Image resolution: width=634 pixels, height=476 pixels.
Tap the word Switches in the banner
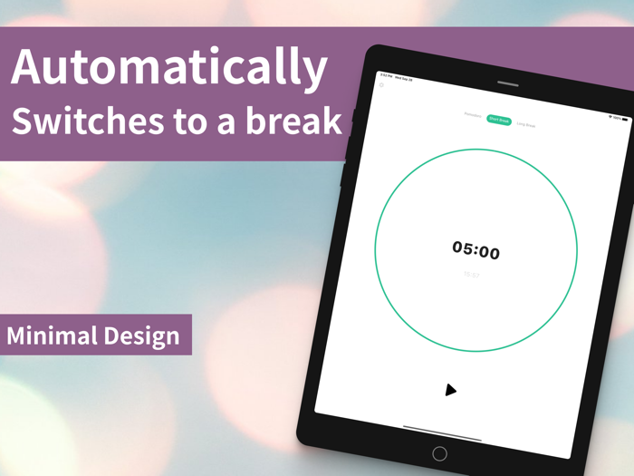coord(79,121)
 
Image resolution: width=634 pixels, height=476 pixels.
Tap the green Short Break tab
coord(499,120)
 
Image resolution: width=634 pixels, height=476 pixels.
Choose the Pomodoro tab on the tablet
coord(473,115)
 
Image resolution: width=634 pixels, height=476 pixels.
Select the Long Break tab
coord(526,125)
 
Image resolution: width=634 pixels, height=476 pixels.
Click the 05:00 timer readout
coord(476,250)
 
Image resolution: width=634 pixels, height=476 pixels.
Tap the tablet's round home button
coord(439,453)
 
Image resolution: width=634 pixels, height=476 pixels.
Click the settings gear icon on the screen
coord(381,85)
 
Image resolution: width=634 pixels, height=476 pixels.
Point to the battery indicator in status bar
coord(624,119)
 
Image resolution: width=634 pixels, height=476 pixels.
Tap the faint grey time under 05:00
coord(471,274)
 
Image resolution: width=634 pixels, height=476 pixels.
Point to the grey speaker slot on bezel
coord(507,83)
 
